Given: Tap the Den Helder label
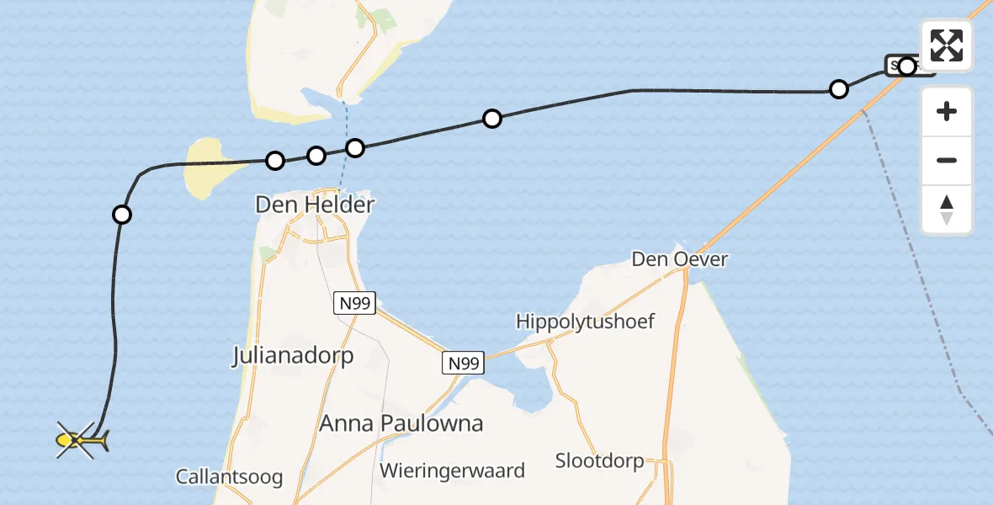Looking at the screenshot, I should pos(316,205).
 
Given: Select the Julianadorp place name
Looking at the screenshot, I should pos(293,356).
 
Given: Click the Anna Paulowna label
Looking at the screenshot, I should pos(401,423).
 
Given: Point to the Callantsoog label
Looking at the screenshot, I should pos(229,477).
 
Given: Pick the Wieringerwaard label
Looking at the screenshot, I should pos(453,470).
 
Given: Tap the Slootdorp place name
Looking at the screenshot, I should pos(600,460).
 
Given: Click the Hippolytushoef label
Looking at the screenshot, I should pos(586,322).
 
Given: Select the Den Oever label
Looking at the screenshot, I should pos(680,259).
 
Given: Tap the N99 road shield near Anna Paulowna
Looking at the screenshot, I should pos(463,363).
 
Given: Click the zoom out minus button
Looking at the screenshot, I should pos(947,160).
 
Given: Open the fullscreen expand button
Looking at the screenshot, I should pos(947,45).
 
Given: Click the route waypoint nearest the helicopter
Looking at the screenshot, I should pos(122,215).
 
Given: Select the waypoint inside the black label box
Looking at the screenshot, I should pos(906,66).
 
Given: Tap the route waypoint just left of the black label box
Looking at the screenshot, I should pos(839,89).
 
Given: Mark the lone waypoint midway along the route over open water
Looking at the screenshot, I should pos(492,119).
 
